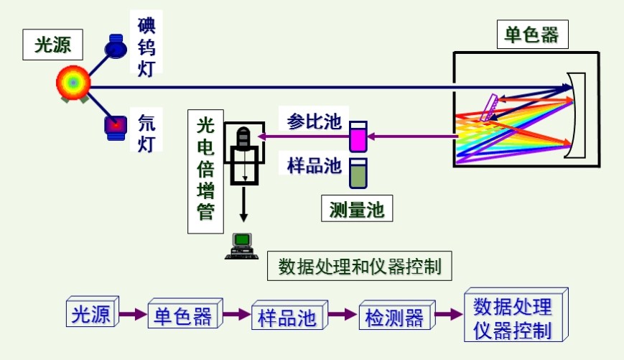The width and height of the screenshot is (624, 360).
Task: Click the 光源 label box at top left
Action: (52, 45)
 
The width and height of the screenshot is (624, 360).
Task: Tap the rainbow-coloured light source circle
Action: (73, 83)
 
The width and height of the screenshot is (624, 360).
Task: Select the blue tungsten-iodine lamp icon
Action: (115, 47)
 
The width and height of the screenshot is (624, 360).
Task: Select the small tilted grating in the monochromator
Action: (491, 109)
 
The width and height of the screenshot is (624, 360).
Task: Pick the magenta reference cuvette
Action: (358, 136)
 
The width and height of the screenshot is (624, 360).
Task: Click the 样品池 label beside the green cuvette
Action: (314, 165)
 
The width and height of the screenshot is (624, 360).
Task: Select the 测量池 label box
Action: (357, 209)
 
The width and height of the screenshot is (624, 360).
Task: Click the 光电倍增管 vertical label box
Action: (205, 171)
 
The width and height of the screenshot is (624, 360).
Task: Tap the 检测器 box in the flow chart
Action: (395, 315)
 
